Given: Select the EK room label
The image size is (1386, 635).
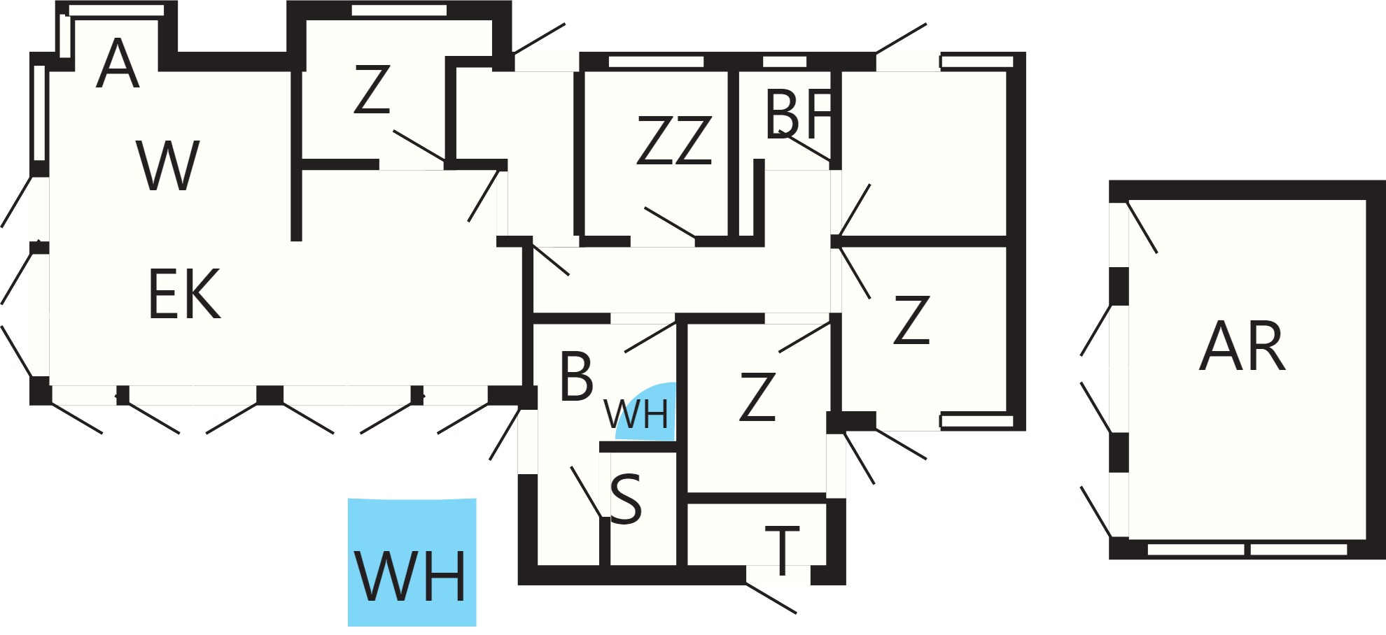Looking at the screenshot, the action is (x=185, y=294).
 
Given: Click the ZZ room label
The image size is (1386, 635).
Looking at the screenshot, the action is (x=674, y=141).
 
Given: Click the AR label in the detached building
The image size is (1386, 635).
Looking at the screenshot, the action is (x=1242, y=345).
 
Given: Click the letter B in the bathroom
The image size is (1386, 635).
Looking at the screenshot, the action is (x=576, y=376).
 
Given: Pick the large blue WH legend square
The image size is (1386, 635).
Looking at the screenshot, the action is (x=412, y=562).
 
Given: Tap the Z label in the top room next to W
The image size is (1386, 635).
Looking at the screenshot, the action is (x=372, y=89).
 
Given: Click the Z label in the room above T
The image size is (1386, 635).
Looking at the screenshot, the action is (x=757, y=397).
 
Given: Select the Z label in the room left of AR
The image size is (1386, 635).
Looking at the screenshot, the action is (x=911, y=320).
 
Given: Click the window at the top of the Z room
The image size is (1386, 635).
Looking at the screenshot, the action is (x=399, y=10).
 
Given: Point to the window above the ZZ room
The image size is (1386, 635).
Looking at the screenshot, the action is (x=656, y=62).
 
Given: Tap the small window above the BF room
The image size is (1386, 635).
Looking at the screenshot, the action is (x=785, y=62).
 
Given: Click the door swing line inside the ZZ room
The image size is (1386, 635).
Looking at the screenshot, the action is (x=670, y=222).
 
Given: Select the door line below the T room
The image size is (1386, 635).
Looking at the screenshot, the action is (x=771, y=597).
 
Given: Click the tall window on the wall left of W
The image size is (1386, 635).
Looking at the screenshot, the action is (x=39, y=113).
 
